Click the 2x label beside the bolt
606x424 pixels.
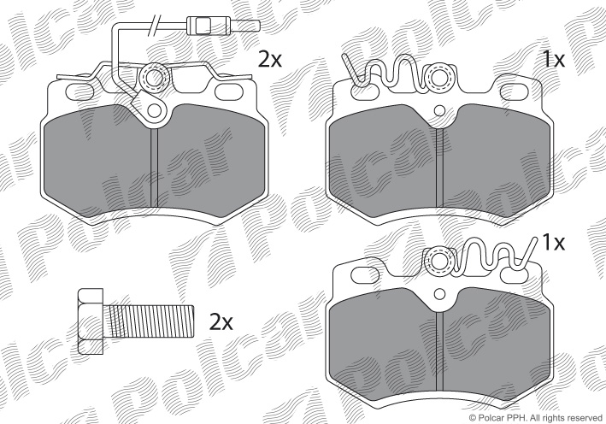(221, 322)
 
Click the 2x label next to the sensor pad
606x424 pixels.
(270, 60)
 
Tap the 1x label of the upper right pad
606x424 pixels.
(554, 60)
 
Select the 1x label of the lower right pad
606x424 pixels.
(554, 242)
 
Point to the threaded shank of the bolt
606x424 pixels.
(149, 321)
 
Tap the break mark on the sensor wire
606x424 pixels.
(155, 24)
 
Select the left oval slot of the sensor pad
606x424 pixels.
(80, 91)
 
